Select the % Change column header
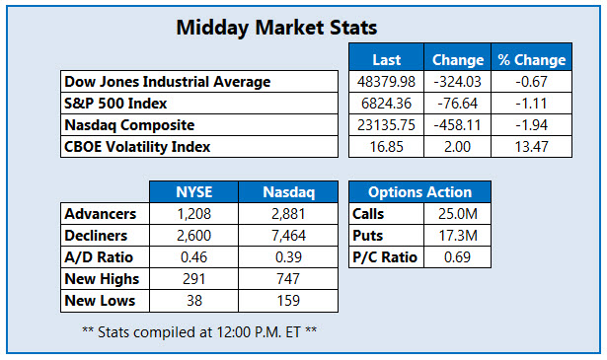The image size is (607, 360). (531, 59)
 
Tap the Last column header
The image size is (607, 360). (386, 59)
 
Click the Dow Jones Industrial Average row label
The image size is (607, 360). (167, 82)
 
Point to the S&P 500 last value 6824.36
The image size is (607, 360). (386, 104)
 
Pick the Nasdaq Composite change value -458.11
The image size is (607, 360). (458, 125)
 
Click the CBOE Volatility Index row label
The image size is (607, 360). (137, 147)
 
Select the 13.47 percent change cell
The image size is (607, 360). (531, 147)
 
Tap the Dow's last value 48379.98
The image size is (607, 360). (386, 82)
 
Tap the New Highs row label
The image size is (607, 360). (99, 279)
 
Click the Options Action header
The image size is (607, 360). (419, 192)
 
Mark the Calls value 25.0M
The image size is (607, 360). (456, 214)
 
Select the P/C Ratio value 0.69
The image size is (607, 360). (456, 257)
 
